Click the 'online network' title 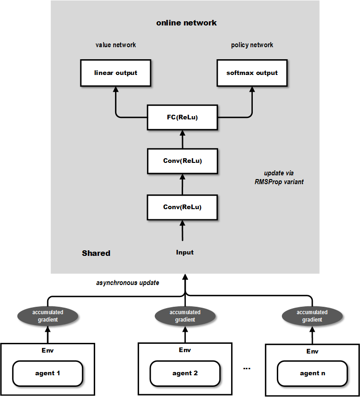click(x=186, y=23)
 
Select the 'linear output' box click(x=116, y=73)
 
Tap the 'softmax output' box click(x=252, y=73)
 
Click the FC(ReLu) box click(x=183, y=117)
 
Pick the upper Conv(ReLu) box click(x=183, y=161)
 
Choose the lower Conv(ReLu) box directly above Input click(x=183, y=207)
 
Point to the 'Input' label click(x=185, y=252)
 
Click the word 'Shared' click(x=96, y=253)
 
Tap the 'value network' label click(x=116, y=45)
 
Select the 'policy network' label click(x=252, y=45)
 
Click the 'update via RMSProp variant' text click(x=279, y=177)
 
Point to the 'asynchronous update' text click(x=128, y=282)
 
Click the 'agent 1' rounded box click(x=48, y=373)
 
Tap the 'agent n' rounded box click(x=312, y=373)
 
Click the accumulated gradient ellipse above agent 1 click(x=48, y=316)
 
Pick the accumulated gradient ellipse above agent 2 click(x=185, y=316)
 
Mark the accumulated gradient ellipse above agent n click(x=312, y=316)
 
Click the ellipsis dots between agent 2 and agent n click(x=246, y=368)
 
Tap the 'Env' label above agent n click(x=312, y=351)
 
